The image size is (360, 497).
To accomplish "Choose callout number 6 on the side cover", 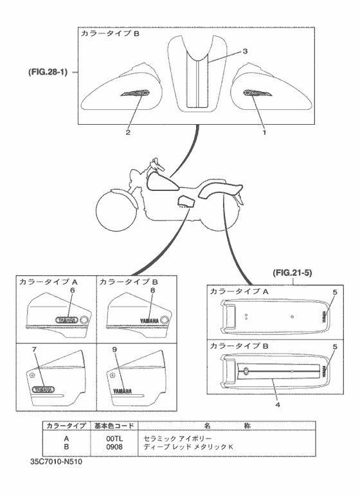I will (73, 290).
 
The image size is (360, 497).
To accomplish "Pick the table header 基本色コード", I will (114, 425).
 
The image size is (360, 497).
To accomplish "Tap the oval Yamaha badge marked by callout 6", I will (64, 318).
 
